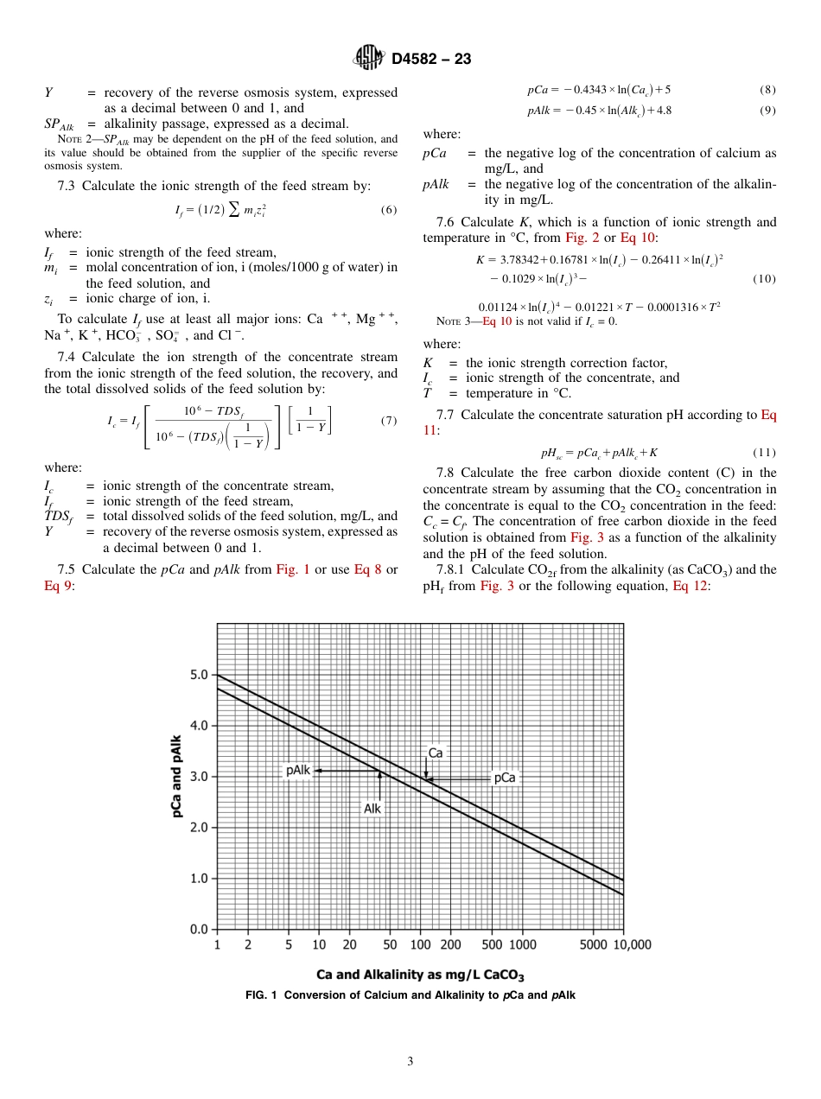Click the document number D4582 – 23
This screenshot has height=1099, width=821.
(431, 59)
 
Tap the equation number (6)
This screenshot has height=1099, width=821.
(388, 210)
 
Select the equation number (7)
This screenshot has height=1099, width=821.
(388, 421)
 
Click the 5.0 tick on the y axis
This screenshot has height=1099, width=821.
(198, 675)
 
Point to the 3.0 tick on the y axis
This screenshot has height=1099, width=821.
(198, 777)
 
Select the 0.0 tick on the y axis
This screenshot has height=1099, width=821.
(198, 930)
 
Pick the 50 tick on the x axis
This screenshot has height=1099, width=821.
(390, 945)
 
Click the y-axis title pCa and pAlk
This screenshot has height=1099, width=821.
(176, 776)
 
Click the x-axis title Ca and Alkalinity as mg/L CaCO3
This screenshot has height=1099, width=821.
(420, 975)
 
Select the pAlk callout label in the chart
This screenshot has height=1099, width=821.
(298, 770)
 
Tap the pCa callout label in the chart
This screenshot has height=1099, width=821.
(504, 778)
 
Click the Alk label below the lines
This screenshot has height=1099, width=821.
(372, 809)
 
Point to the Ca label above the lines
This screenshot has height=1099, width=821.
(436, 753)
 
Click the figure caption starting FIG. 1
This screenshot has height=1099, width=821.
(410, 995)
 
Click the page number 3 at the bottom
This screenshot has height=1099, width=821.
(410, 1062)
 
